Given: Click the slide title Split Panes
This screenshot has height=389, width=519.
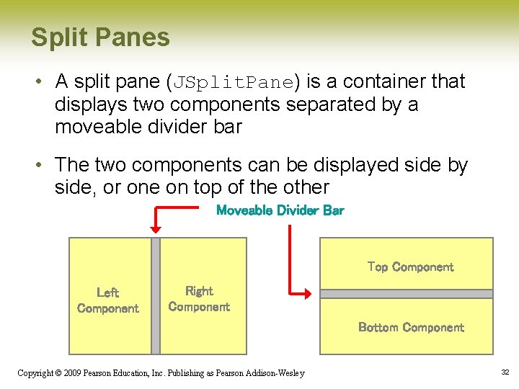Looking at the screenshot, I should point(100,37).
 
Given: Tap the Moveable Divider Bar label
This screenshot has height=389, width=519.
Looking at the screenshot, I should point(280,210).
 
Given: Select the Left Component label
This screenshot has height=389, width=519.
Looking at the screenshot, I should point(107,300).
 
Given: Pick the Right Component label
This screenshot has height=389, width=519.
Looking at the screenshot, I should point(199,299).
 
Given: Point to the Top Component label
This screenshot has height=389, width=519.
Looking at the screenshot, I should point(410,267).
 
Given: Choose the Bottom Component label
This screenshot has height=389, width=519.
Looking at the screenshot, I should point(411,328).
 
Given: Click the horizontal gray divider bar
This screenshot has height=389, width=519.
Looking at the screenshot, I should point(407,294).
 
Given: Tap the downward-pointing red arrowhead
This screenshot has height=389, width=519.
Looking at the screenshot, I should point(156,228).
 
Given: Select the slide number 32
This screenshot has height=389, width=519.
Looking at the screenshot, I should point(505,372).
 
